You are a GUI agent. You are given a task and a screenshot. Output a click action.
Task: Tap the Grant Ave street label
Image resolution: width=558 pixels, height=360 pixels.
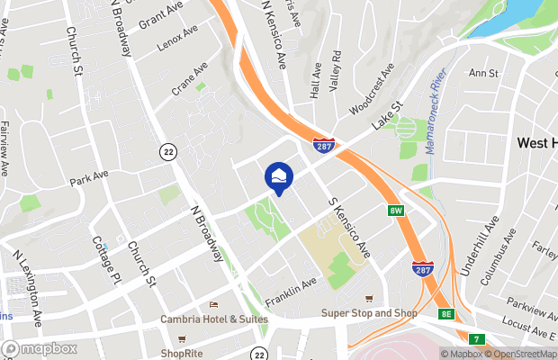point(161,14)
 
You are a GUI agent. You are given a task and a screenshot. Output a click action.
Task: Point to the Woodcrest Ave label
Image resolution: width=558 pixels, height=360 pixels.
point(372,87)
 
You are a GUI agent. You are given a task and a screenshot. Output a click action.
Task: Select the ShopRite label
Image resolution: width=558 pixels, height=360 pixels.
point(180,352)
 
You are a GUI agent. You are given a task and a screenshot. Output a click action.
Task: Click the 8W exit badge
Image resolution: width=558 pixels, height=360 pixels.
point(396,211)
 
